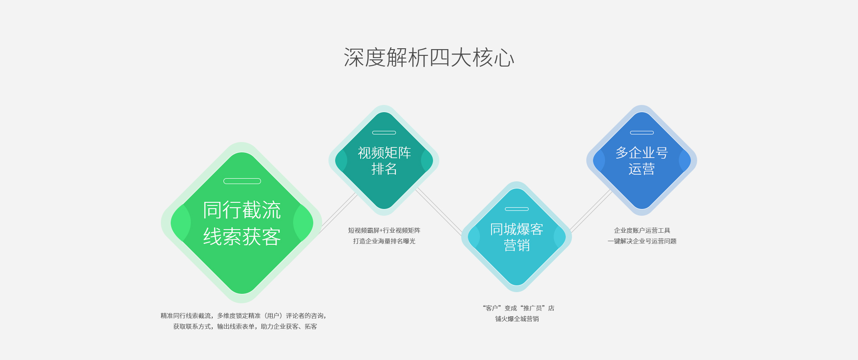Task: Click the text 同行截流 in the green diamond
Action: tap(242, 210)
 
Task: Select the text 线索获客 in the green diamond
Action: tap(242, 237)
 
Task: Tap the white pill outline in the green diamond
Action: tap(242, 181)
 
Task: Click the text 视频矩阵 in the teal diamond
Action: tap(384, 153)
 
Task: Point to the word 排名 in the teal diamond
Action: tap(384, 169)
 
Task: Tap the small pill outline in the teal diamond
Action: tap(384, 133)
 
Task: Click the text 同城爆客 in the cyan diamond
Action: tap(517, 229)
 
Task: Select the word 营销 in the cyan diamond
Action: tap(517, 245)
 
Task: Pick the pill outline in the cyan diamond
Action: tap(517, 209)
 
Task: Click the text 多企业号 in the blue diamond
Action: tap(642, 153)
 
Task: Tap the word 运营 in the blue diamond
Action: tap(642, 169)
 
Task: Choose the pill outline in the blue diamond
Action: tap(642, 133)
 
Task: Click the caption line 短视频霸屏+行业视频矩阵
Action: tap(384, 230)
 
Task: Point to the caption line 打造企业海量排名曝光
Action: tap(384, 241)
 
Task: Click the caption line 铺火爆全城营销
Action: tap(517, 319)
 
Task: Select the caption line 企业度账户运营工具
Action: tap(642, 230)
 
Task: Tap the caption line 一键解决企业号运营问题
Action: tap(642, 241)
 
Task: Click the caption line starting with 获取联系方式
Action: tap(245, 327)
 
